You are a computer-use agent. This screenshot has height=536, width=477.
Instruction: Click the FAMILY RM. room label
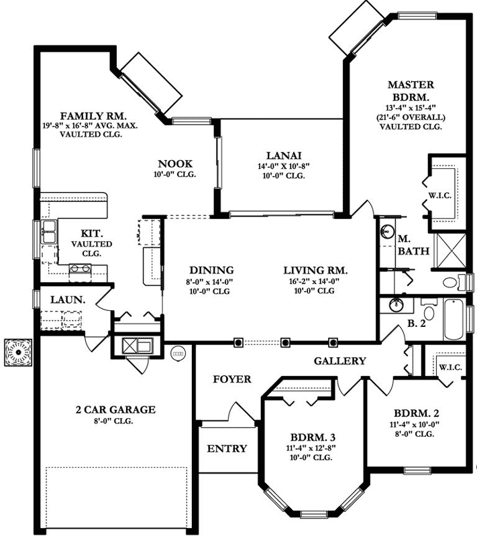point(89,115)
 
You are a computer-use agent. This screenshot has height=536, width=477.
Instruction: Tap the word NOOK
point(175,163)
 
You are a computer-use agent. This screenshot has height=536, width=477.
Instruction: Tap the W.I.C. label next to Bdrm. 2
point(449,367)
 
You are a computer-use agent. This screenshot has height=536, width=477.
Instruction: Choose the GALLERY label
point(340,361)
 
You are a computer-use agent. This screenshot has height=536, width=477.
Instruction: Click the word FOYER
point(231,379)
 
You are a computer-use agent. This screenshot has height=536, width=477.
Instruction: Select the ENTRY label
point(226,448)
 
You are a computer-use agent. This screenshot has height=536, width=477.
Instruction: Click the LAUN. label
point(67,301)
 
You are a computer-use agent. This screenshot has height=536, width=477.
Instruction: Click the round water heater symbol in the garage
point(178,350)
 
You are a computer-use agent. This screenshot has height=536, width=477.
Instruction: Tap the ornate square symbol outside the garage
point(15,351)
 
